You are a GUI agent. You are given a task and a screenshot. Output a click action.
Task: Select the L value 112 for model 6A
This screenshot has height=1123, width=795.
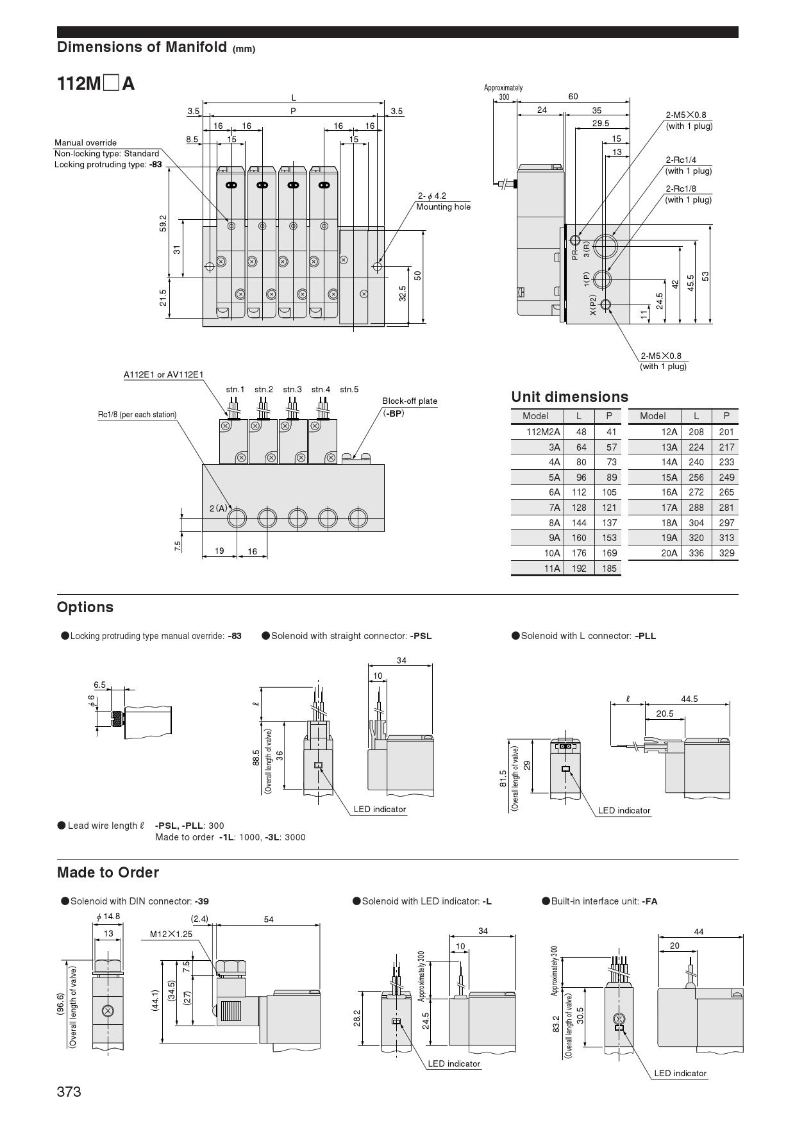(x=579, y=492)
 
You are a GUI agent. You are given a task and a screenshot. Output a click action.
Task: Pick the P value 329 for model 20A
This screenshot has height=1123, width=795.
(x=726, y=553)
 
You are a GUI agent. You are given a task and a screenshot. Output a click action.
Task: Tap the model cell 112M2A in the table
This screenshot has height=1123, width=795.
(x=543, y=432)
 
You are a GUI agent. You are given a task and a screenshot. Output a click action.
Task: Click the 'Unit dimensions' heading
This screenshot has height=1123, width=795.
(x=569, y=397)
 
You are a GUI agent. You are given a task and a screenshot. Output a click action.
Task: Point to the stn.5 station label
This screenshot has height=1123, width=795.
(x=349, y=390)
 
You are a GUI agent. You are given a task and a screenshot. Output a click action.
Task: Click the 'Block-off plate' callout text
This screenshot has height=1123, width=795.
(x=410, y=401)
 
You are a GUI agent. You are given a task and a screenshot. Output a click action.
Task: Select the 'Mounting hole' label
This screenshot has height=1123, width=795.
(x=443, y=207)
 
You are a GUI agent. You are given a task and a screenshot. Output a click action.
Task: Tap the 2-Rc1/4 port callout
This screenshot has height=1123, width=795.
(x=681, y=160)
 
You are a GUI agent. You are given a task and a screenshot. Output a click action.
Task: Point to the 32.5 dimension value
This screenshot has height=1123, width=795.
(x=403, y=294)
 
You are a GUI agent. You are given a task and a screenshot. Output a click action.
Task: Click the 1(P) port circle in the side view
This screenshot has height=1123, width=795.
(x=602, y=279)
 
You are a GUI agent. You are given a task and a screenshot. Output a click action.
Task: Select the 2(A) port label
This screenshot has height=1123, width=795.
(x=218, y=508)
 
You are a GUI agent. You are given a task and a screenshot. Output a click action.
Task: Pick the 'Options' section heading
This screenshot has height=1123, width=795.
(x=85, y=608)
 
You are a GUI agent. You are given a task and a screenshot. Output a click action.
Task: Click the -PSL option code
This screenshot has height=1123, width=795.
(x=421, y=636)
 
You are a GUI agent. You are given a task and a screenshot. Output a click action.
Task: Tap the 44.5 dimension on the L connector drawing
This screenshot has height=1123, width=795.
(x=689, y=699)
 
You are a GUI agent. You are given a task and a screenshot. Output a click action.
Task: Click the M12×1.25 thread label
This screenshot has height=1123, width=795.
(x=171, y=935)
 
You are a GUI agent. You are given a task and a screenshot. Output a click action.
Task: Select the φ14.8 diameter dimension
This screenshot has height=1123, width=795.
(x=108, y=917)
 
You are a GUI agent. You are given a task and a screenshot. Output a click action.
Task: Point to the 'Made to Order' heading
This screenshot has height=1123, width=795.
(x=108, y=873)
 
